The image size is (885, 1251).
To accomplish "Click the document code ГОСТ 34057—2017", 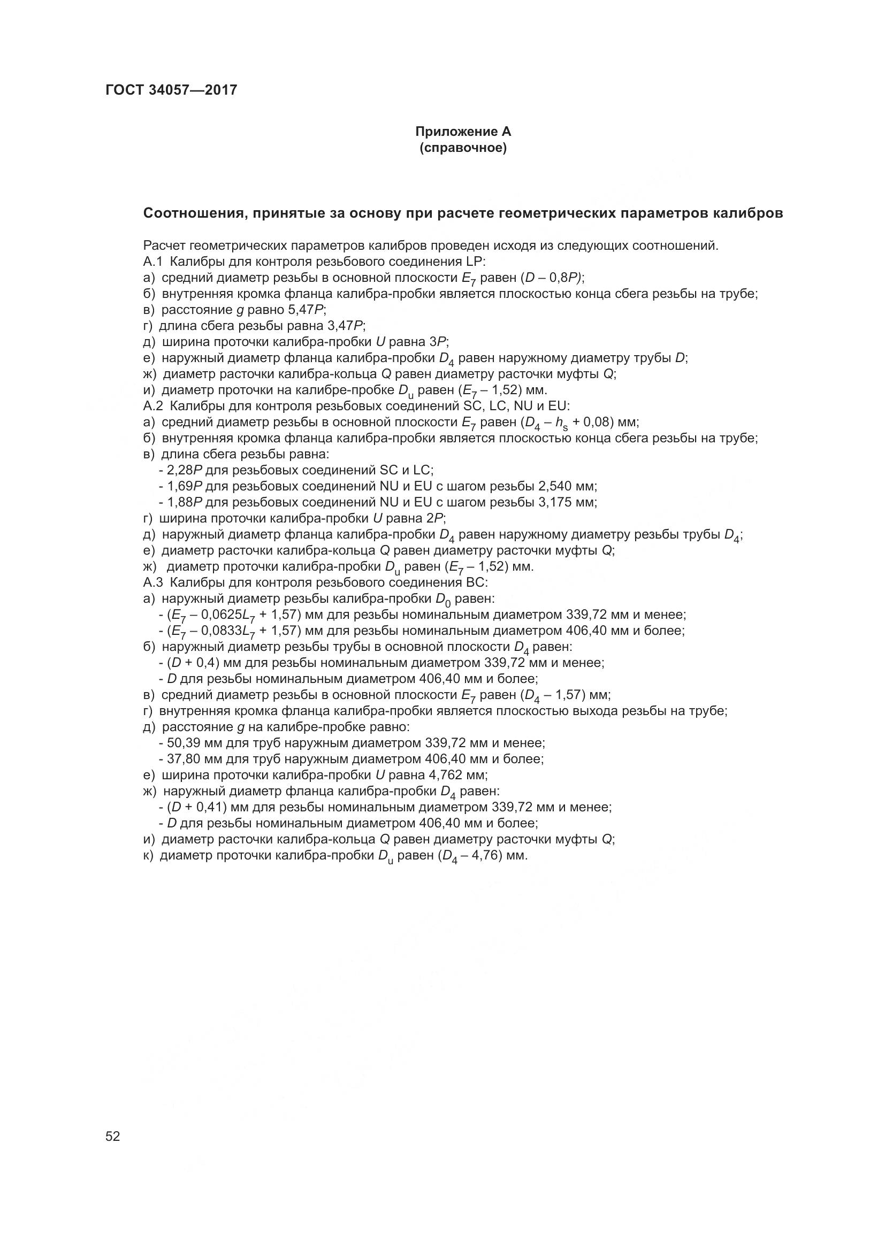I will (x=171, y=90).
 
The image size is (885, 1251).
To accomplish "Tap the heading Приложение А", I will (x=463, y=132).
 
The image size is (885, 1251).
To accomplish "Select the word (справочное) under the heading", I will (x=463, y=148).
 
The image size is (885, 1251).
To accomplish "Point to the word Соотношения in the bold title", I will (x=188, y=213).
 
